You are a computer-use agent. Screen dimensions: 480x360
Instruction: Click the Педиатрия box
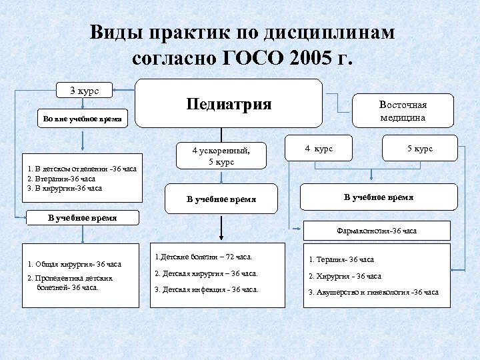229,103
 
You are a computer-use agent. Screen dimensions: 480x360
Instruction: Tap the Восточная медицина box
403,111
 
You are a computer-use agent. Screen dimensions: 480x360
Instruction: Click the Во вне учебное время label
82,119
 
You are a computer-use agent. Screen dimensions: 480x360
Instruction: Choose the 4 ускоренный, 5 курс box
221,156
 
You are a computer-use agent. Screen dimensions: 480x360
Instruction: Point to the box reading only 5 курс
420,149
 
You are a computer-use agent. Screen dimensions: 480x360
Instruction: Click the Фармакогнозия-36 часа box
377,231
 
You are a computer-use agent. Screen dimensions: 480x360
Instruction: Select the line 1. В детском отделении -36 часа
82,169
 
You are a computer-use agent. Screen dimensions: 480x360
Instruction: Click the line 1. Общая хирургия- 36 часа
74,264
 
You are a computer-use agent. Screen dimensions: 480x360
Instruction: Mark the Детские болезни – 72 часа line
203,256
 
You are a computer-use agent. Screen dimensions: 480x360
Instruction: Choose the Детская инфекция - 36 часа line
206,289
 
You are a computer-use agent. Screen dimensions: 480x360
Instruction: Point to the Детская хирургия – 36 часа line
206,273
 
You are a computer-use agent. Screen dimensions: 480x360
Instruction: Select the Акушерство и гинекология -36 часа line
373,292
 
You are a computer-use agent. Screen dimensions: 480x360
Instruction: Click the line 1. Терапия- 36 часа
341,259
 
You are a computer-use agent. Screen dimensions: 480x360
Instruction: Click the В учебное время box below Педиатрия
221,199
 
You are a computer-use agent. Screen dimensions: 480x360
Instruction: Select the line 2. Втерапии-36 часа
61,178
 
